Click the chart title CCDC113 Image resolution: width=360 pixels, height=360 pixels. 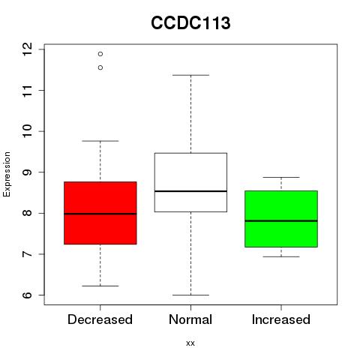tap(190, 23)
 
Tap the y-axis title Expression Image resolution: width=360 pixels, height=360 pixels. tap(7, 175)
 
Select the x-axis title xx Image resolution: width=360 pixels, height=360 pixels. tap(190, 343)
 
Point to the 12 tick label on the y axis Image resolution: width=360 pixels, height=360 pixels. tap(27, 49)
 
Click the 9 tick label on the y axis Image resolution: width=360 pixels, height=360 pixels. tap(27, 172)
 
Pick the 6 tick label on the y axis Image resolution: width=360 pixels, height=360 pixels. tap(27, 295)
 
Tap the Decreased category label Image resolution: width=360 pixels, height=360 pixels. tap(100, 319)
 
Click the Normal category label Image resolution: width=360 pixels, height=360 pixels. tap(190, 319)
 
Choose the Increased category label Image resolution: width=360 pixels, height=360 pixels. tap(281, 319)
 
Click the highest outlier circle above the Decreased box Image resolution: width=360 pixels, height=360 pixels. tap(100, 54)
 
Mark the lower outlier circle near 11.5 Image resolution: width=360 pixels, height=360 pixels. tap(100, 67)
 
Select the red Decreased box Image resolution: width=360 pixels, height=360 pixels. tap(100, 213)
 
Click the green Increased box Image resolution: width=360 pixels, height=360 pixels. tap(281, 219)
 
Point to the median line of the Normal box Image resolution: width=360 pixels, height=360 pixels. tap(190, 191)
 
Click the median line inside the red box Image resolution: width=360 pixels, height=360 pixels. tap(100, 214)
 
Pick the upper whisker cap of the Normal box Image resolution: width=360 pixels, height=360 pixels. tap(190, 75)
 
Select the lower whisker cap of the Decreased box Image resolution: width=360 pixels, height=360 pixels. tap(100, 286)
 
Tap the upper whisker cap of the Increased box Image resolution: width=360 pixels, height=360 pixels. tap(281, 177)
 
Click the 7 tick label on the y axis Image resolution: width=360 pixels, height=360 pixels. tap(27, 254)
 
